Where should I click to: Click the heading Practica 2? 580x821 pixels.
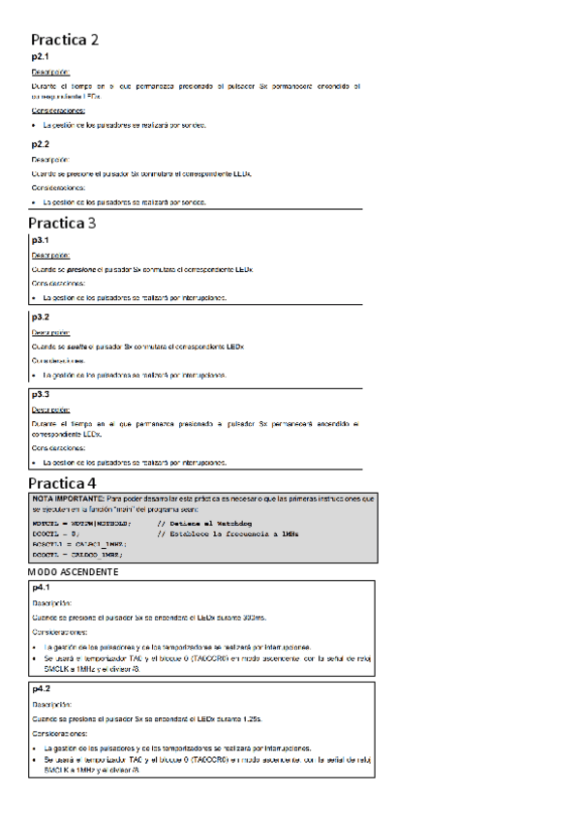(x=64, y=40)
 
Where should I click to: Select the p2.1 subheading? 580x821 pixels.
(x=41, y=58)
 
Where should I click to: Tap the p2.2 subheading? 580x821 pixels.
(x=41, y=144)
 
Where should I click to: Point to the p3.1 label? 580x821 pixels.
(x=41, y=240)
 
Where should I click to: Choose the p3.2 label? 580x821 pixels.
(x=41, y=317)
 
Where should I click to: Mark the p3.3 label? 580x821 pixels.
(x=41, y=395)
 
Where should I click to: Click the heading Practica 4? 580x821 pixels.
(x=63, y=482)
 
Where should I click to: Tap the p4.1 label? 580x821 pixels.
(x=41, y=588)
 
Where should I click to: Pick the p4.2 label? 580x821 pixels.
(x=41, y=688)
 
